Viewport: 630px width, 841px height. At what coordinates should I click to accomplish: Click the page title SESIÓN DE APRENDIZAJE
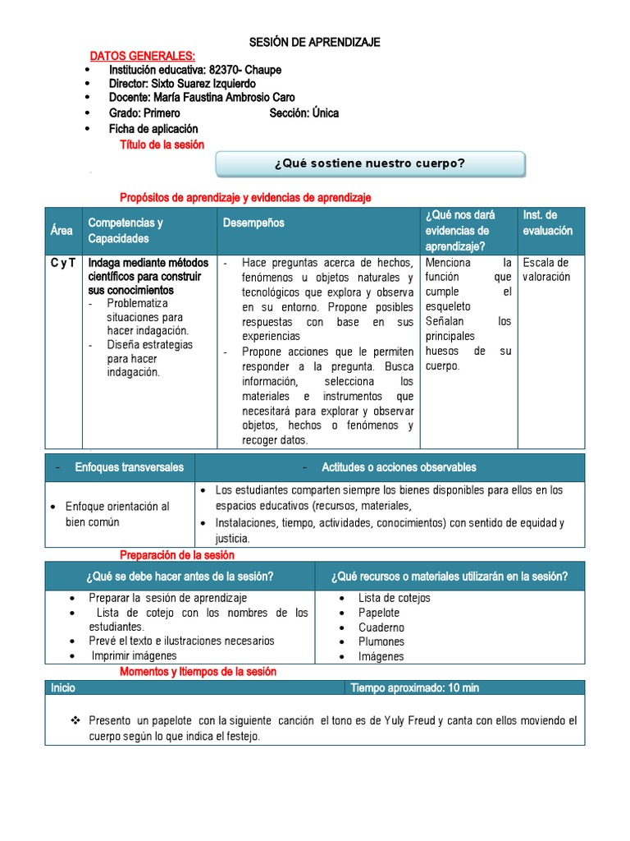[x=315, y=43]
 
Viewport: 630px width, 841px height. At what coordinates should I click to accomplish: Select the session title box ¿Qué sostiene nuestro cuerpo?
[x=370, y=163]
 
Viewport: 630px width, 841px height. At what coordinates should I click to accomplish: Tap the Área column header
[x=62, y=231]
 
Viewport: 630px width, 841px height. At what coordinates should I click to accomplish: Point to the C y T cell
[x=63, y=263]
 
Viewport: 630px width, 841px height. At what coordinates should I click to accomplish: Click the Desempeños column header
[x=253, y=223]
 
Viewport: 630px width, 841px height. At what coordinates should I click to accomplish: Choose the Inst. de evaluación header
[x=547, y=223]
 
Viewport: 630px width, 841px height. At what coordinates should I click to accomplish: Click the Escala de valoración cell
[x=546, y=269]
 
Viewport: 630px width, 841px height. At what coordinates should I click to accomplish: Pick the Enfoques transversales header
[x=129, y=467]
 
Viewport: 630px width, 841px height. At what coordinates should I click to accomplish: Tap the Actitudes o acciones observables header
[x=399, y=467]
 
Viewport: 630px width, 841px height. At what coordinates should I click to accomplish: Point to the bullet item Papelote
[x=379, y=613]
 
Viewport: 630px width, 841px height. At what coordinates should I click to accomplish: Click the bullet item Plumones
[x=381, y=641]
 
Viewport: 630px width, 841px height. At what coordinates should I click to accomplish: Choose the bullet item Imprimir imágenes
[x=134, y=655]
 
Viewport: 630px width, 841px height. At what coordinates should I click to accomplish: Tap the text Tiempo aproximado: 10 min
[x=414, y=687]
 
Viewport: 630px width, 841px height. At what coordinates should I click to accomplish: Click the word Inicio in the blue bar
[x=63, y=687]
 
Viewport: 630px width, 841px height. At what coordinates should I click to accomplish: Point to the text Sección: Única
[x=304, y=113]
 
